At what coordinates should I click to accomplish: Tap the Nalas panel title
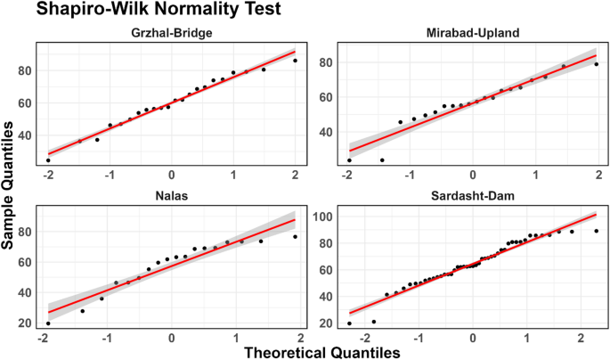coord(170,194)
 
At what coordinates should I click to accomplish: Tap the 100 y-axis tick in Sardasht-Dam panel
coord(319,217)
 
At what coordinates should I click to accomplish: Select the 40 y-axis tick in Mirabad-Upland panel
coord(323,132)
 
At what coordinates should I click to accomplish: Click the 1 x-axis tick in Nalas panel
coord(234,335)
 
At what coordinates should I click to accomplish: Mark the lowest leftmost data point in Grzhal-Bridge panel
coord(48,160)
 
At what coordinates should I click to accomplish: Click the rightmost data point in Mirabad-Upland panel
coord(596,64)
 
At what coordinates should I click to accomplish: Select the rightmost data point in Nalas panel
coord(295,237)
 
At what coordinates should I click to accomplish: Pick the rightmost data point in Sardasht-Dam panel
coord(596,231)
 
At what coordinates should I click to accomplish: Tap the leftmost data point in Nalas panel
coord(48,323)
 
